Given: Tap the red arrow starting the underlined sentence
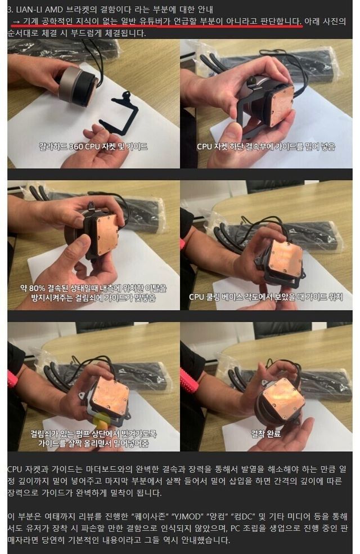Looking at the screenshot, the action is coord(16,21).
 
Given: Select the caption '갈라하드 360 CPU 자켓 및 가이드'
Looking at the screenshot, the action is coord(93,146).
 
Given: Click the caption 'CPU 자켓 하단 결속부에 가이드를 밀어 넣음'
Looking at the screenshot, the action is coord(265,146).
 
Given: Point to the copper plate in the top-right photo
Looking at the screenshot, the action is coord(281,105).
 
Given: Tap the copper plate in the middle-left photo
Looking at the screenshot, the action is coord(103,234).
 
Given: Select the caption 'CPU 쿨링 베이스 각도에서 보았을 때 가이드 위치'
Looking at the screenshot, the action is coord(265,297).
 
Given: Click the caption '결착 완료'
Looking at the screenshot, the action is coord(265,433).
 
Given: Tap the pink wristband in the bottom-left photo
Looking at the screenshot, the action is coord(12,379).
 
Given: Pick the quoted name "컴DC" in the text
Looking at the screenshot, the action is coord(243,516).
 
